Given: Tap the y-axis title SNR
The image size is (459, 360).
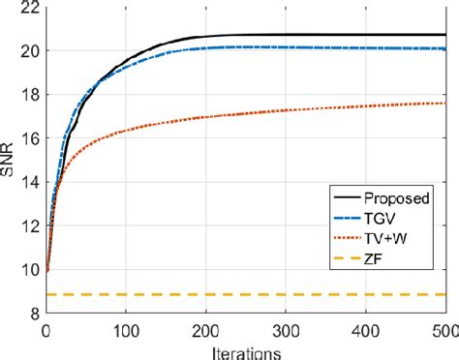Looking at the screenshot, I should point(9,160).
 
